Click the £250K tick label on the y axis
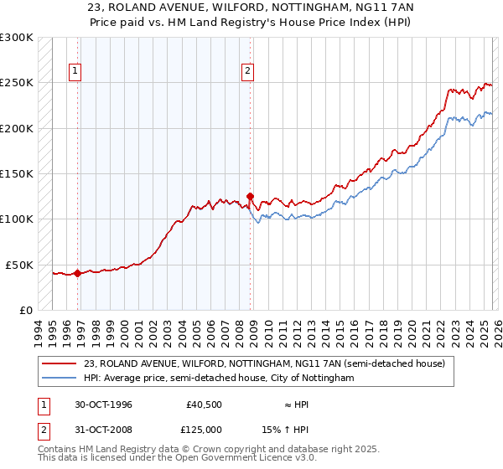[x=17, y=83]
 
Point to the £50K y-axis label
[x=19, y=265]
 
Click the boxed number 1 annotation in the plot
[x=75, y=71]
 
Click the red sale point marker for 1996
[x=78, y=273]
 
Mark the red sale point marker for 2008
[x=250, y=197]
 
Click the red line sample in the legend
[x=60, y=363]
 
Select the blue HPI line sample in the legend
[x=60, y=379]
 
